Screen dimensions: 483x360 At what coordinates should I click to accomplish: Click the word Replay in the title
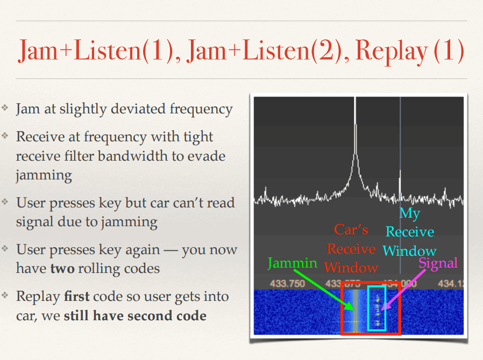391,51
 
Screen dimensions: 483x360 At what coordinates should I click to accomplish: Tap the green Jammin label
292,263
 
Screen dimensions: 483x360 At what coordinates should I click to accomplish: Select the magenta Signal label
438,263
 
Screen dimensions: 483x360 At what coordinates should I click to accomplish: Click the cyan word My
410,213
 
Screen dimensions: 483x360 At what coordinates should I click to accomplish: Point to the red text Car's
351,229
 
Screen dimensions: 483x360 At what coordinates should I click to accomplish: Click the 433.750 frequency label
287,283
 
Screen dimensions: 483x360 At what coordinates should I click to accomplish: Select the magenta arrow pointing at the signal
403,289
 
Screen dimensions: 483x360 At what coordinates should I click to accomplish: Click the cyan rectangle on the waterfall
368,308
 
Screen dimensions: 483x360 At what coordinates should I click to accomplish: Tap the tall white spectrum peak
356,145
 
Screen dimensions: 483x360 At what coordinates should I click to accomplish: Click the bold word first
77,296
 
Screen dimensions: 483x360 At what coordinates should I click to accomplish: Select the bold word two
62,269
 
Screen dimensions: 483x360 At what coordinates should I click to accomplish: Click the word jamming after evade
44,176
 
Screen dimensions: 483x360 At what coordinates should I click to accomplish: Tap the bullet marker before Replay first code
5,296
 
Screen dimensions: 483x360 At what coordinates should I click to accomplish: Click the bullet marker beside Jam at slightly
5,107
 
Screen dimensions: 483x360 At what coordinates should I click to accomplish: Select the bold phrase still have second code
135,316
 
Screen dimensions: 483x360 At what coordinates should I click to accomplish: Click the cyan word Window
410,251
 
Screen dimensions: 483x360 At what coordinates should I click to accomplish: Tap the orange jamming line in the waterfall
356,311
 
